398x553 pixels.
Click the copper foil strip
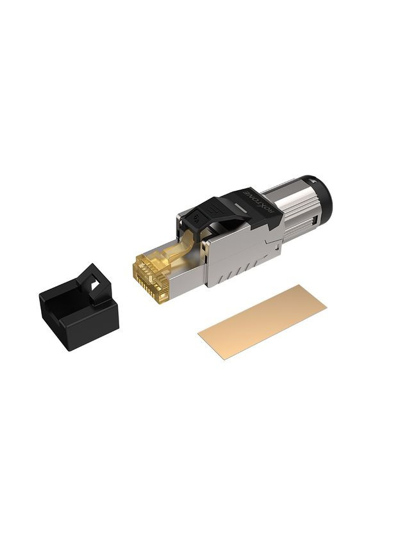[x=262, y=319]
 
